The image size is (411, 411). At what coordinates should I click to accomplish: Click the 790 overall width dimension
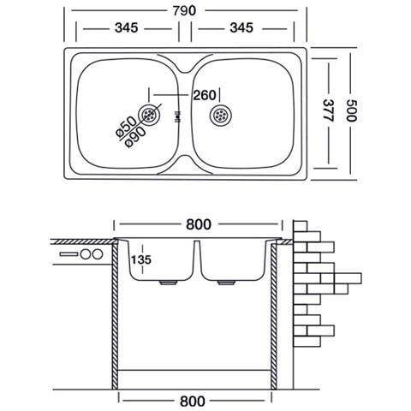184,11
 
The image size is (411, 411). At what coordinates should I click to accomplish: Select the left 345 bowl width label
127,28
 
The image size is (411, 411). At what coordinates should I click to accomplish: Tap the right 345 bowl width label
241,28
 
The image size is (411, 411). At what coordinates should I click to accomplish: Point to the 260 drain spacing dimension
205,95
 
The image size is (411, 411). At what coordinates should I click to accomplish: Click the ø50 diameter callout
127,127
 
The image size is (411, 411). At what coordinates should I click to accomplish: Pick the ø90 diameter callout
135,137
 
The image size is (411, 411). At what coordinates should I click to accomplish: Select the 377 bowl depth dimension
328,110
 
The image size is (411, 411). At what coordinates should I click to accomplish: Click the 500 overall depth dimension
351,110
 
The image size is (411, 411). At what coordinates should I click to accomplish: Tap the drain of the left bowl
149,115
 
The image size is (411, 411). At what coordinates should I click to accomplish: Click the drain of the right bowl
221,115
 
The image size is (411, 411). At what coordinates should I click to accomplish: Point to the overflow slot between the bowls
178,116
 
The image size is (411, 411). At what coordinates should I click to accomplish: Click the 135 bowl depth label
140,259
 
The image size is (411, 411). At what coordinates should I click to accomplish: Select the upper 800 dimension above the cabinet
199,224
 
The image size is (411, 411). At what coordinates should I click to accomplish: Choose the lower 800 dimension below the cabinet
193,402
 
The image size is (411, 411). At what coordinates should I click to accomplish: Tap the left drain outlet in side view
169,283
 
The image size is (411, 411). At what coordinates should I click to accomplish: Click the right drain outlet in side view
226,283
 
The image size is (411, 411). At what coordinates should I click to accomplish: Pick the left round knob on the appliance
86,254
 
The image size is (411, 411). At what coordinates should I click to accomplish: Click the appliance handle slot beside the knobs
68,254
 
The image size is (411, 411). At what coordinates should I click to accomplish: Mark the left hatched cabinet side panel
115,314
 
